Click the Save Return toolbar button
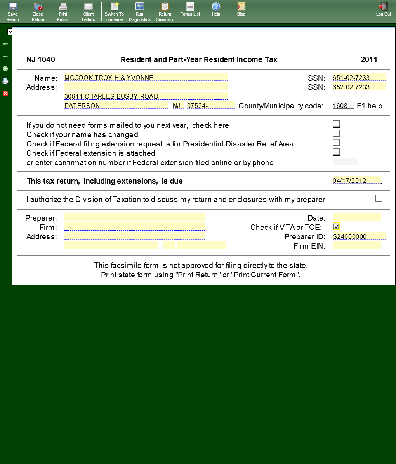[x=12, y=11]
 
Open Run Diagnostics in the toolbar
[x=139, y=11]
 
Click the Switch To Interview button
[x=114, y=11]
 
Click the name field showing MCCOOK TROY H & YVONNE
[x=146, y=78]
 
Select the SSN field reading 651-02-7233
[x=359, y=78]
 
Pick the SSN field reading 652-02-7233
[x=359, y=87]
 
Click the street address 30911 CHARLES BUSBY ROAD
[x=146, y=96]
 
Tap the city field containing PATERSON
[x=116, y=106]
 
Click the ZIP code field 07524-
[x=211, y=106]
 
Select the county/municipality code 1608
[x=343, y=106]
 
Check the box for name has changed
[x=336, y=133]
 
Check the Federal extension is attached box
[x=336, y=152]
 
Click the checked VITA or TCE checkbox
[x=336, y=226]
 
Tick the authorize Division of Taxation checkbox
[x=379, y=198]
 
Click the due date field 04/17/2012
[x=357, y=181]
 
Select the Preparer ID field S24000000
[x=359, y=236]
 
